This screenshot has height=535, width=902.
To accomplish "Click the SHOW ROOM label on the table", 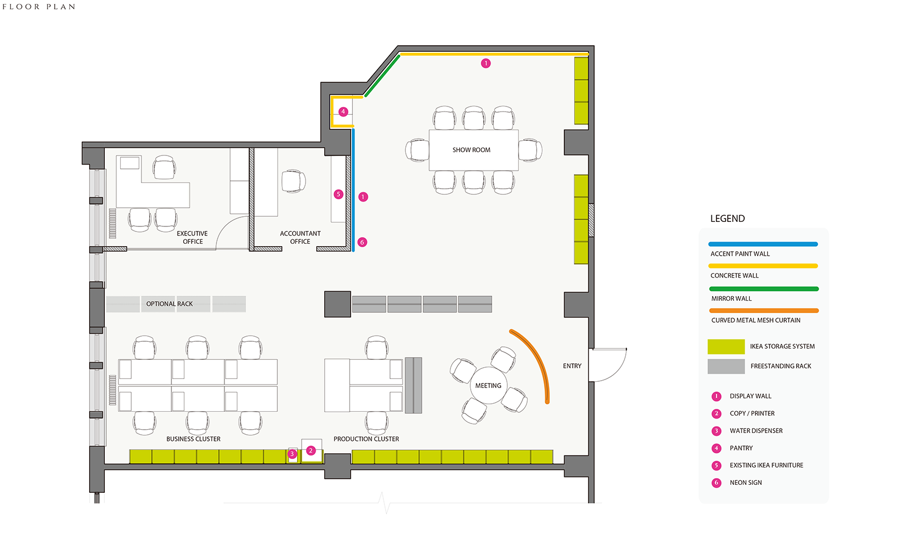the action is point(471,150).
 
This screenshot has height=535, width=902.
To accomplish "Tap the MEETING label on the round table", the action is point(488,386).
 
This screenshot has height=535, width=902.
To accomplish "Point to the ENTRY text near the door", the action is point(572,366).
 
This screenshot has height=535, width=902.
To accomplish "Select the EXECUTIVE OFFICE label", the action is point(192,238).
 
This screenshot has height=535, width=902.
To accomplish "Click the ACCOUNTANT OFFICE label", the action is point(300,238).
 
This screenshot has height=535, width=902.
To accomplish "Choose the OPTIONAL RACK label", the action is point(169,304).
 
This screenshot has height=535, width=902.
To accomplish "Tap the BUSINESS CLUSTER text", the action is point(193,439).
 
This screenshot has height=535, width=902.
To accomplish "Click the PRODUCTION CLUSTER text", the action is point(366,439).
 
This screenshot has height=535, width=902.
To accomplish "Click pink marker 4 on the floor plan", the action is point(343,112).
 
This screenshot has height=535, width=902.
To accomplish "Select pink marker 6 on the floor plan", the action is point(362,242).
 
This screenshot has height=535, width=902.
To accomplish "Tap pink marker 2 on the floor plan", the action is point(311,451).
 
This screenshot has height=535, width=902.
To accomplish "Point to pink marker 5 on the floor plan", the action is point(338,194).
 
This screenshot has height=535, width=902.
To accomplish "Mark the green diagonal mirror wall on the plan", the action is point(382,75).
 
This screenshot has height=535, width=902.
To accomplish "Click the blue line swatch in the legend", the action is point(763,244).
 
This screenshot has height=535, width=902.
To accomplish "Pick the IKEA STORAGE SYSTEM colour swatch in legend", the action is point(726,346).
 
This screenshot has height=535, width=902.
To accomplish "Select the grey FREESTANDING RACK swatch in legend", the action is point(726,367).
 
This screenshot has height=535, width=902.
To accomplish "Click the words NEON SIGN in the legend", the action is point(745,483).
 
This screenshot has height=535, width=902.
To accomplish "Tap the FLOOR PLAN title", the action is point(39,7).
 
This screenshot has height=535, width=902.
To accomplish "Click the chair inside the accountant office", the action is point(293,181).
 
